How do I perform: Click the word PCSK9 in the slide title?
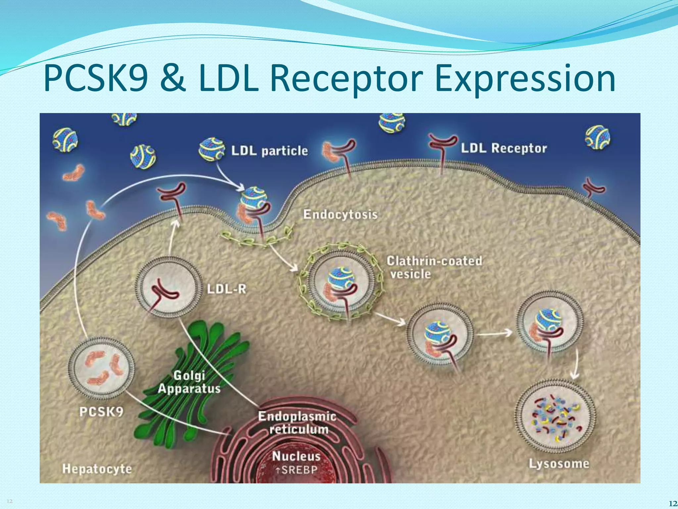tap(96, 79)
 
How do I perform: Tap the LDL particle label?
tap(269, 151)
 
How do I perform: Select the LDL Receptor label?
tap(504, 148)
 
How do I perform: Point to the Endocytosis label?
tap(340, 214)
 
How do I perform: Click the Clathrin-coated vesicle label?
tap(434, 267)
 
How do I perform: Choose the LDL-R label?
tap(227, 289)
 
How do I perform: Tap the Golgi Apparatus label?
tap(189, 382)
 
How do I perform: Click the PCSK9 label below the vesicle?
tap(101, 412)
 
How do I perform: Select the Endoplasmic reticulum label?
tap(297, 423)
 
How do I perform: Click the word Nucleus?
tap(296, 456)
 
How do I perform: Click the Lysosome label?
tap(559, 464)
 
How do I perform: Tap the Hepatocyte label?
tap(97, 469)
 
